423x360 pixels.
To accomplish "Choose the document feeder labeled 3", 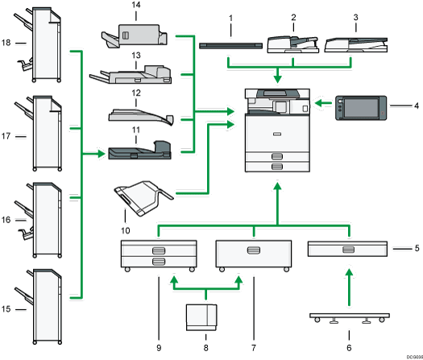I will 354,46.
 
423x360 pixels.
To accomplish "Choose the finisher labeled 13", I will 133,77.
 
